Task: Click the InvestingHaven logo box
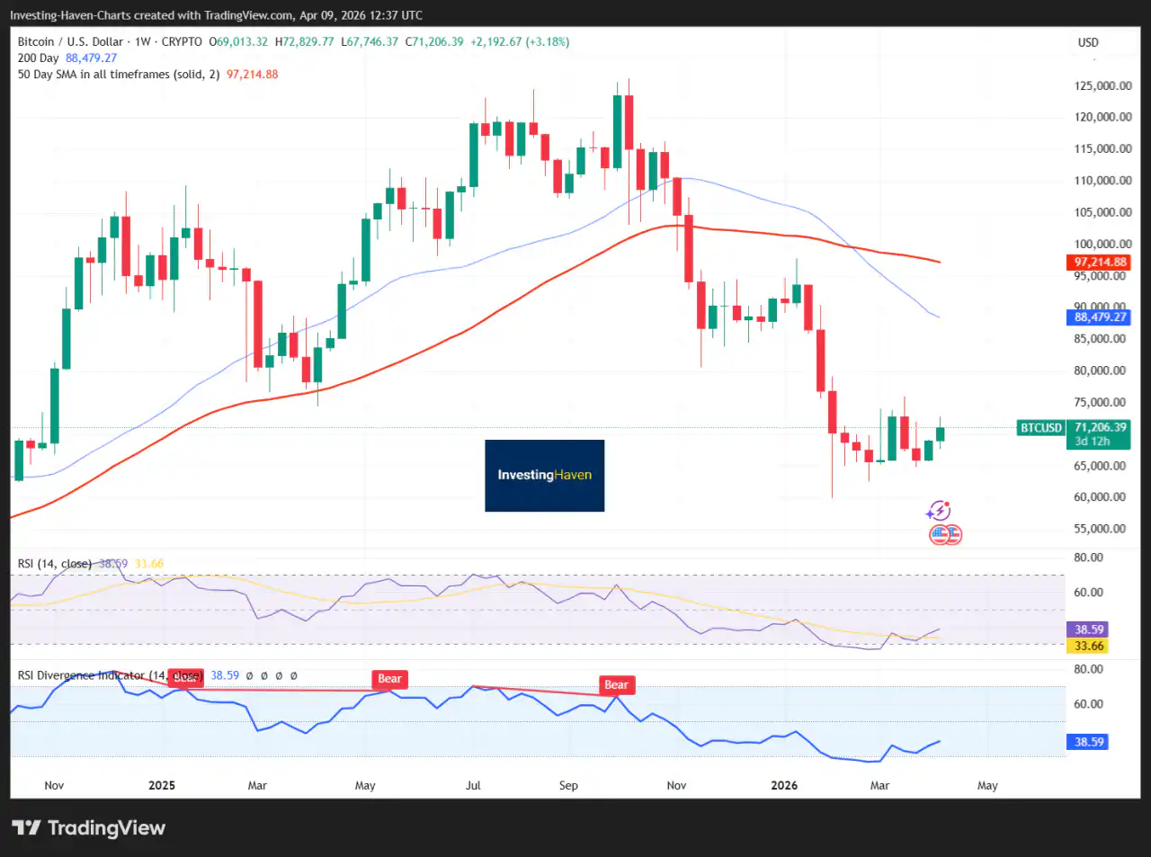544,475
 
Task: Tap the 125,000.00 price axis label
1102,86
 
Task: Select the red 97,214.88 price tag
1100,263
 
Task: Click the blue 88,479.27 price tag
1100,317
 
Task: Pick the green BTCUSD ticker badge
1040,428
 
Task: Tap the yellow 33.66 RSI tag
1089,647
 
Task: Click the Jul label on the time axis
473,786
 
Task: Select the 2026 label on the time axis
784,786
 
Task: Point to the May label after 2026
987,786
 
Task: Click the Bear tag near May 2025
389,679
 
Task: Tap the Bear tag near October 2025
616,685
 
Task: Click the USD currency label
1088,42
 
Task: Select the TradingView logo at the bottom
88,828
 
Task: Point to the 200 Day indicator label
38,58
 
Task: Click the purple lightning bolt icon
938,511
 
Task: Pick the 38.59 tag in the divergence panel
1089,742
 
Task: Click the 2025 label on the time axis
162,786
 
